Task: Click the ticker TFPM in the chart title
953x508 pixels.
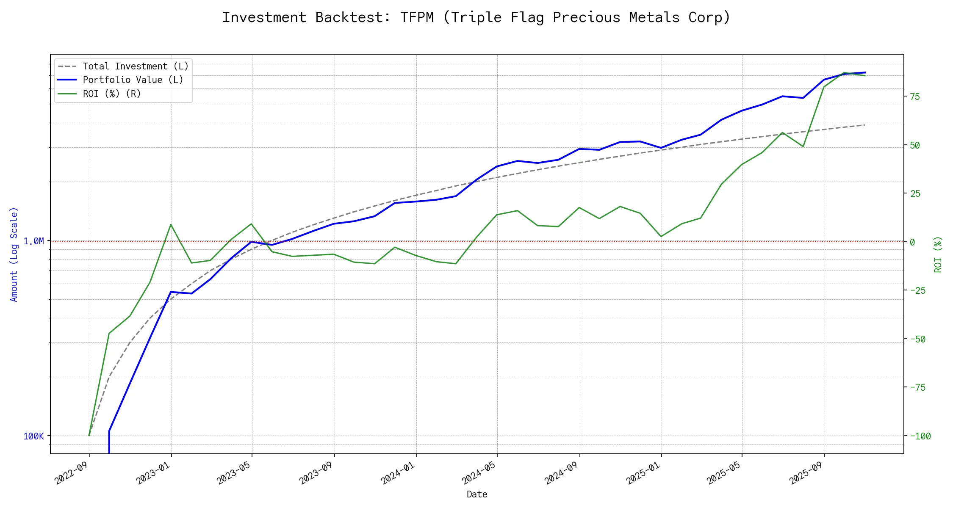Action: point(417,17)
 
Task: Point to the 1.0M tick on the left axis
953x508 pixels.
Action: point(33,241)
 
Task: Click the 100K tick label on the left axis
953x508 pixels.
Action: point(33,436)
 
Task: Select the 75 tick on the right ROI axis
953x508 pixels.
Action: point(915,97)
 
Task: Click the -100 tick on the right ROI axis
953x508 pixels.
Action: point(917,436)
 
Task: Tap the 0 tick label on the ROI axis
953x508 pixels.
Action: point(912,242)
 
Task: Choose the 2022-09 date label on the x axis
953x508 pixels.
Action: point(71,473)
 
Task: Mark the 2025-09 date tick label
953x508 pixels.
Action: point(806,473)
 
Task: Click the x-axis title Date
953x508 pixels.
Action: point(477,494)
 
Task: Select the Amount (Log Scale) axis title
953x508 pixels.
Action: point(14,254)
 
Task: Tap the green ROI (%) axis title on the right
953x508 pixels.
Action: point(938,254)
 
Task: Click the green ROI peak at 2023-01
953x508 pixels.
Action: point(171,224)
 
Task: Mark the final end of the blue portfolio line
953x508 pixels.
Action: point(865,72)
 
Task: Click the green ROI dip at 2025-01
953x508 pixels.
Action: point(661,237)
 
